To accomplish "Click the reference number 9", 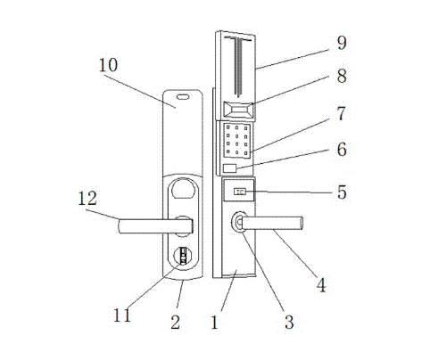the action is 342,43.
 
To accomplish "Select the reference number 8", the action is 342,76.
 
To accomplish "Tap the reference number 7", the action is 342,113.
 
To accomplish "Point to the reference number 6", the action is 342,150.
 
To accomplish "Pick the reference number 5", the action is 342,192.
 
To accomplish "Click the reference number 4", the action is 321,285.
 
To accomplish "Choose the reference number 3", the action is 289,322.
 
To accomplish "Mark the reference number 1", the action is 215,322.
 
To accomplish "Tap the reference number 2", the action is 175,322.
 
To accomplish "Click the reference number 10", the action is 108,65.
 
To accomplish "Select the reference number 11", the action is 122,315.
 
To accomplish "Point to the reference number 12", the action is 87,199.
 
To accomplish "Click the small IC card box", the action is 240,192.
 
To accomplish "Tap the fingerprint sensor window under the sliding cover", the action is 238,110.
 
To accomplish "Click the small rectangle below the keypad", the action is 230,168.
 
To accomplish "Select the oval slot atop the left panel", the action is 183,96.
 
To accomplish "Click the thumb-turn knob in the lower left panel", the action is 182,256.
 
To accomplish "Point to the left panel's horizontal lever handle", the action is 156,226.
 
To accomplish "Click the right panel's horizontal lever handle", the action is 271,224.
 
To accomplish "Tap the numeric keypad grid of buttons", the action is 237,140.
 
